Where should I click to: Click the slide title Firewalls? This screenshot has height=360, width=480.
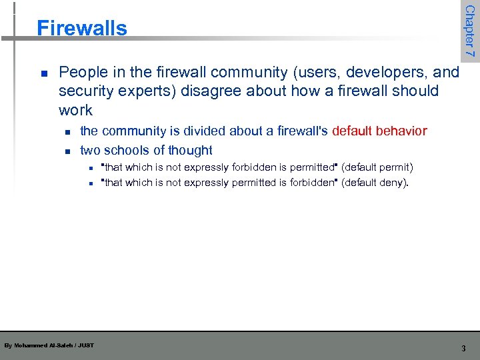point(81,28)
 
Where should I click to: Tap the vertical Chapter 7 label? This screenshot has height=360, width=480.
point(470,31)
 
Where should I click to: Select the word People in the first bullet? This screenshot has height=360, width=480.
point(81,72)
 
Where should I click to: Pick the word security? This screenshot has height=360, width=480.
point(84,91)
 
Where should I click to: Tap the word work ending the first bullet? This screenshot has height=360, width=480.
point(75,109)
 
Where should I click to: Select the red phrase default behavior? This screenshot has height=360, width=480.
point(379,131)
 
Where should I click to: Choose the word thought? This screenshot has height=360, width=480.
point(190,150)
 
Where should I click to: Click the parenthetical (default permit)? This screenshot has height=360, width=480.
point(377,167)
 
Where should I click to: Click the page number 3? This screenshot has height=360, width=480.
point(463,348)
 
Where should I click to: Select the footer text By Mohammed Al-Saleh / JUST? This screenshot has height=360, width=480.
point(49,345)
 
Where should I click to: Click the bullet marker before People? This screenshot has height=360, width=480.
point(43,73)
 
